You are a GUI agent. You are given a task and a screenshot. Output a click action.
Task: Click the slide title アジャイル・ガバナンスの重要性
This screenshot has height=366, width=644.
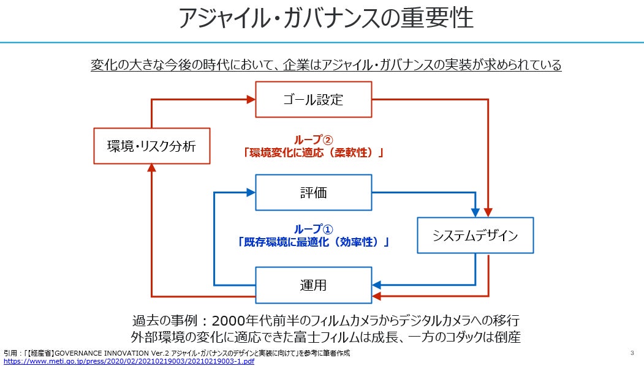[325, 18]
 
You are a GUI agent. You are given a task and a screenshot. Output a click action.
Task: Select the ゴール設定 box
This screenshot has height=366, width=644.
[313, 99]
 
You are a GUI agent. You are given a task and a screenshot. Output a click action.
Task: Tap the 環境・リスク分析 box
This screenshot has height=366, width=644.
[151, 146]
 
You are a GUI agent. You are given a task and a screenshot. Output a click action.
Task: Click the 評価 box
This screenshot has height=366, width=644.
[313, 193]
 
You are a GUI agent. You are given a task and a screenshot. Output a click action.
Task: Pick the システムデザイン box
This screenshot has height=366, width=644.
[475, 235]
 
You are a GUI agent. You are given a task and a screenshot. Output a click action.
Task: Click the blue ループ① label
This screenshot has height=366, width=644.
[314, 229]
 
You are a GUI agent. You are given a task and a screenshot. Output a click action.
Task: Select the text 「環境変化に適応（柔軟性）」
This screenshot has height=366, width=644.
[313, 152]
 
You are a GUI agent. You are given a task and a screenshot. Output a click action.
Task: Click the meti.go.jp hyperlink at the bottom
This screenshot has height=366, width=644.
[129, 361]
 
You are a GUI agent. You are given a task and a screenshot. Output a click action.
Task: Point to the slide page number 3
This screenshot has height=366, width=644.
[632, 353]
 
